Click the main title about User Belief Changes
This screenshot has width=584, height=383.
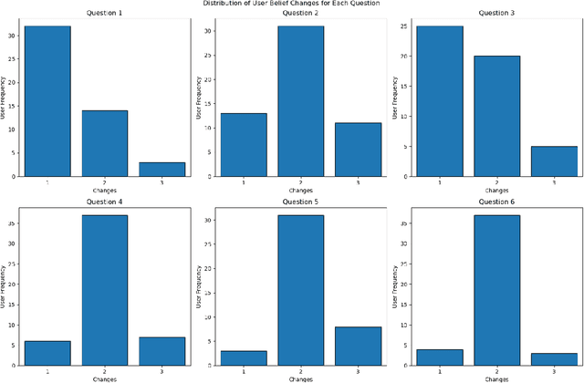292,4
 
